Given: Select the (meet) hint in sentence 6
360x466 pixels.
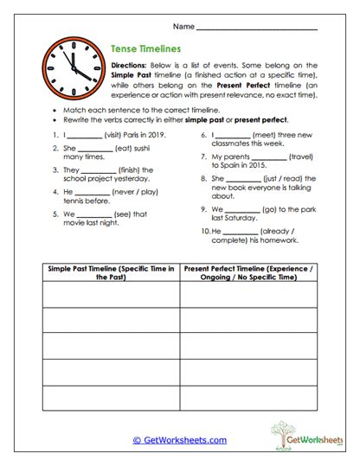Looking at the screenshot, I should (x=267, y=135).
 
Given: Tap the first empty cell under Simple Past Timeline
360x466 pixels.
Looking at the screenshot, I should (x=111, y=295).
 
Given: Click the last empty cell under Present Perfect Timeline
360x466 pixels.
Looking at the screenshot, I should (x=248, y=399).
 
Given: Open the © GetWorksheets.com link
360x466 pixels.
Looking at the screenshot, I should (x=180, y=440).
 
